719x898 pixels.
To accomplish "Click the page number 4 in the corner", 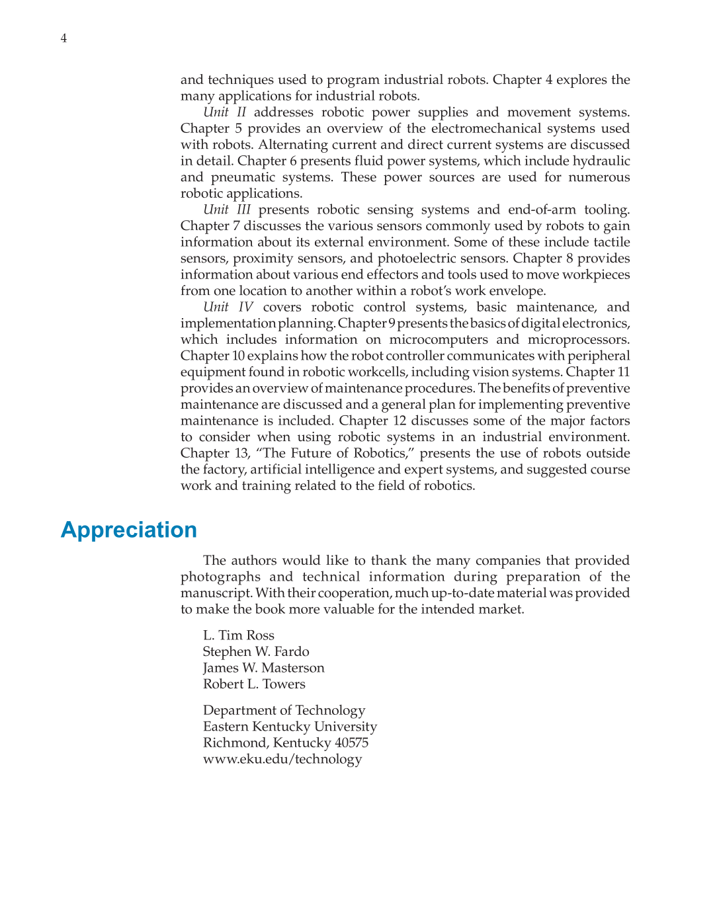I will click(63, 38).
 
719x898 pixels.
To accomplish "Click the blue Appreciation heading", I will click(129, 530).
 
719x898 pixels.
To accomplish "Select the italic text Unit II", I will click(224, 112).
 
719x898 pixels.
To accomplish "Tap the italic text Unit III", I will click(226, 210).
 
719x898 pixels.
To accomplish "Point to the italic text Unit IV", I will click(228, 307).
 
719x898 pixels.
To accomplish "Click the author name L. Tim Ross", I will click(238, 635).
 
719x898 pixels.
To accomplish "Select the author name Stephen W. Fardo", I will click(256, 651).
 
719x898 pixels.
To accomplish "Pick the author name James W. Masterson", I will click(263, 668).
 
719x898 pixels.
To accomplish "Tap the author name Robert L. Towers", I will click(254, 684).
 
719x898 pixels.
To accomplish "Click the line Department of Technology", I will click(284, 710).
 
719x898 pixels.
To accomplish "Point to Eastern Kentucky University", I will click(290, 726).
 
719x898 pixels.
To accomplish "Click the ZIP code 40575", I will click(351, 743).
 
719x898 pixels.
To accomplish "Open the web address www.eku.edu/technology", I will click(282, 758).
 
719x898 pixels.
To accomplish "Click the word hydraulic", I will click(601, 161).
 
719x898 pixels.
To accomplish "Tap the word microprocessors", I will click(577, 340).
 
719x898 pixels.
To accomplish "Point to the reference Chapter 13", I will click(214, 454).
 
